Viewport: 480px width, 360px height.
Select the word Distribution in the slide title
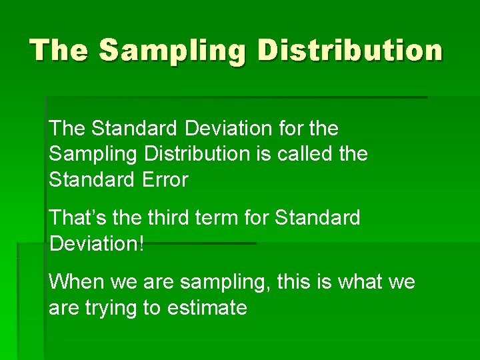(x=350, y=50)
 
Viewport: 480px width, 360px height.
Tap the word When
(x=75, y=282)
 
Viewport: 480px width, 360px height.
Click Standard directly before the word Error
(x=85, y=179)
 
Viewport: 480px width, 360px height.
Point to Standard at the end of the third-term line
(x=317, y=217)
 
